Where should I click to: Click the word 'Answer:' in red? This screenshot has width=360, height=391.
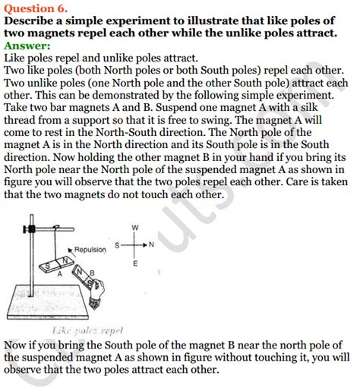coord(28,46)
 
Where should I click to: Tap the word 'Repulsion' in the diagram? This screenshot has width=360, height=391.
coord(90,249)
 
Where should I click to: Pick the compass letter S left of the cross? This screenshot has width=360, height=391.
coord(118,245)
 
